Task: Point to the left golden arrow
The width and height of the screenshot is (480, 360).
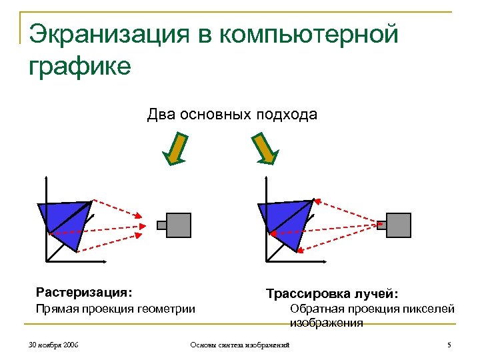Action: coord(175,149)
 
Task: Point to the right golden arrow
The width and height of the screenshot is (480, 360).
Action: coord(263,148)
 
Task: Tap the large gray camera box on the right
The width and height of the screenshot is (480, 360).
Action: coord(399,225)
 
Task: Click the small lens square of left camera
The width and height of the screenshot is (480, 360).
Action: coord(161,225)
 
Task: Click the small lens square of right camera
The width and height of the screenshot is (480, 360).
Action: coord(381,225)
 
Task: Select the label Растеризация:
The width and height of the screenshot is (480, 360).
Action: coord(84,292)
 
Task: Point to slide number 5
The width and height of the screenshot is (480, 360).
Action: coord(449,345)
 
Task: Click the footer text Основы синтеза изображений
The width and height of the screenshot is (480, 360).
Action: coord(240,345)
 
